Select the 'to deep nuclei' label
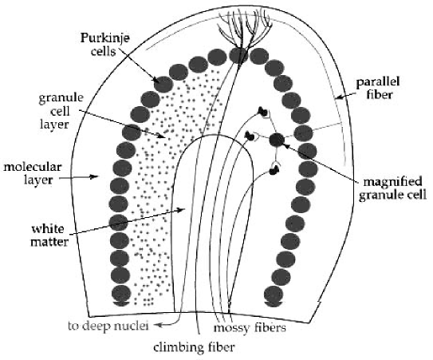click(x=112, y=326)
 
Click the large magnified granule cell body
click(x=277, y=140)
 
